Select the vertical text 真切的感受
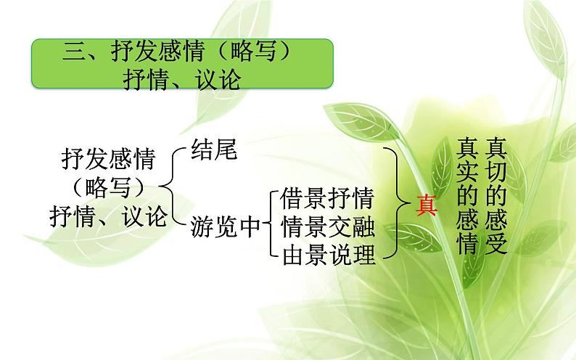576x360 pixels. point(496,196)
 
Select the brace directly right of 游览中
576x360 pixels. point(269,226)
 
